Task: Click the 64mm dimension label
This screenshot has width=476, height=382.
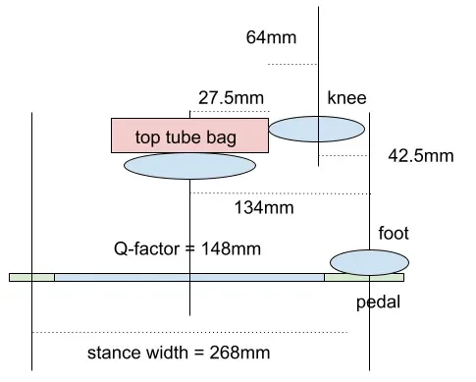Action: [x=271, y=37]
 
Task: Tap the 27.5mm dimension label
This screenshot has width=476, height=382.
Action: [x=231, y=98]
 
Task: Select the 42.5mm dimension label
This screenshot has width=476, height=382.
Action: [x=421, y=156]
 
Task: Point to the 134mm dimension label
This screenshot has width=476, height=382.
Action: [x=264, y=207]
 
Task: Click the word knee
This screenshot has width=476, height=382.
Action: [x=346, y=97]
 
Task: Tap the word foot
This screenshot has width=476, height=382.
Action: [x=394, y=233]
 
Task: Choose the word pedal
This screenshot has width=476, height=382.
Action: [x=378, y=302]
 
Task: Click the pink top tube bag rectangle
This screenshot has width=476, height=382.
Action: [x=189, y=136]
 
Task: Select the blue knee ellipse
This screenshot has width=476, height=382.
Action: [x=317, y=129]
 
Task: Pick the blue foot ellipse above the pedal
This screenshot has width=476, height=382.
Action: [x=369, y=262]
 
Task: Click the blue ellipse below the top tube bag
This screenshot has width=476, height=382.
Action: [x=189, y=166]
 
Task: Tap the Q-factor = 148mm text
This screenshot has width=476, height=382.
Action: [x=187, y=248]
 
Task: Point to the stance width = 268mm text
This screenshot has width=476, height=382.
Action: [x=179, y=353]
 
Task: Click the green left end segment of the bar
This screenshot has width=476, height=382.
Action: [x=31, y=278]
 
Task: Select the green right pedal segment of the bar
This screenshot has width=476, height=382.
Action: [x=364, y=278]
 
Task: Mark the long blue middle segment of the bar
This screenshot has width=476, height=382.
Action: [x=189, y=278]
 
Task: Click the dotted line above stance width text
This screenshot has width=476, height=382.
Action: [x=189, y=332]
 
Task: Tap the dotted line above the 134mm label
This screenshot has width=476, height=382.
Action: [x=280, y=193]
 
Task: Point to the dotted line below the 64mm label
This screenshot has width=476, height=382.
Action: [x=292, y=64]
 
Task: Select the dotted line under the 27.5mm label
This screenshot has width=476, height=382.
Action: [x=230, y=112]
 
